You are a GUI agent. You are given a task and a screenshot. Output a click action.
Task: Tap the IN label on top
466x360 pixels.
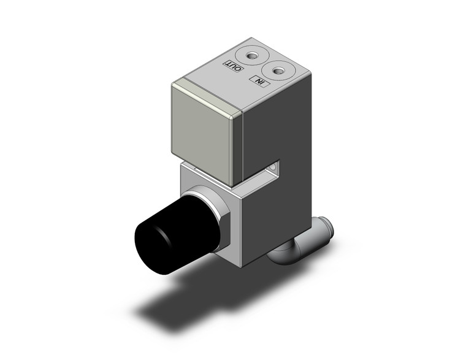(x=260, y=81)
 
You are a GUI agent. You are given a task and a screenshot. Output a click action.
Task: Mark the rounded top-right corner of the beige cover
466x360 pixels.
(x=237, y=113)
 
